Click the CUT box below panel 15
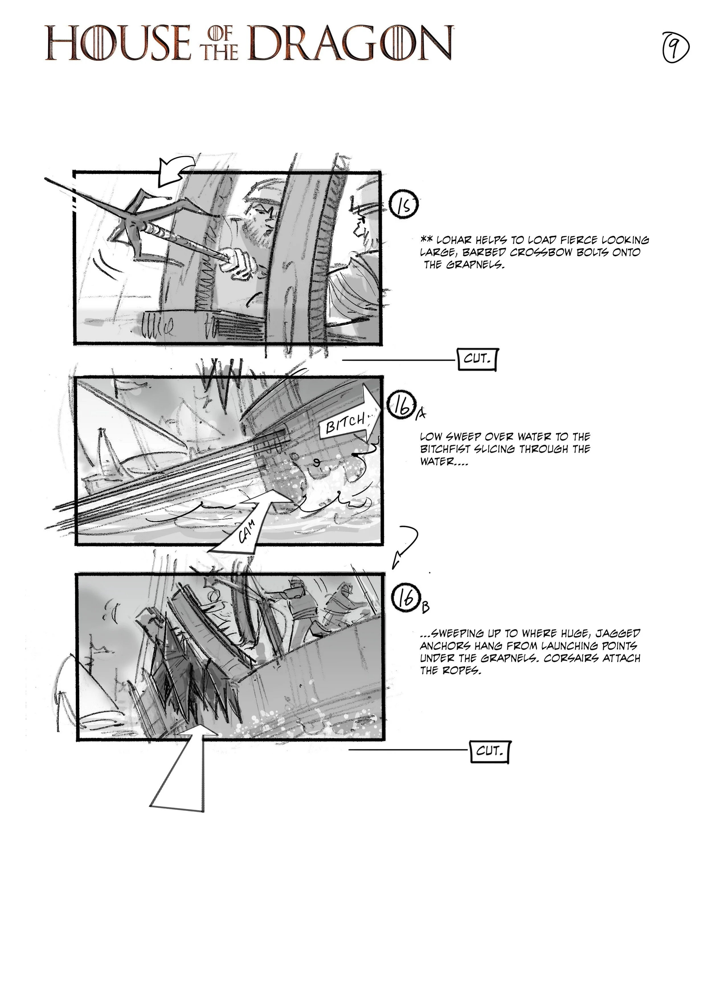tap(477, 359)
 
